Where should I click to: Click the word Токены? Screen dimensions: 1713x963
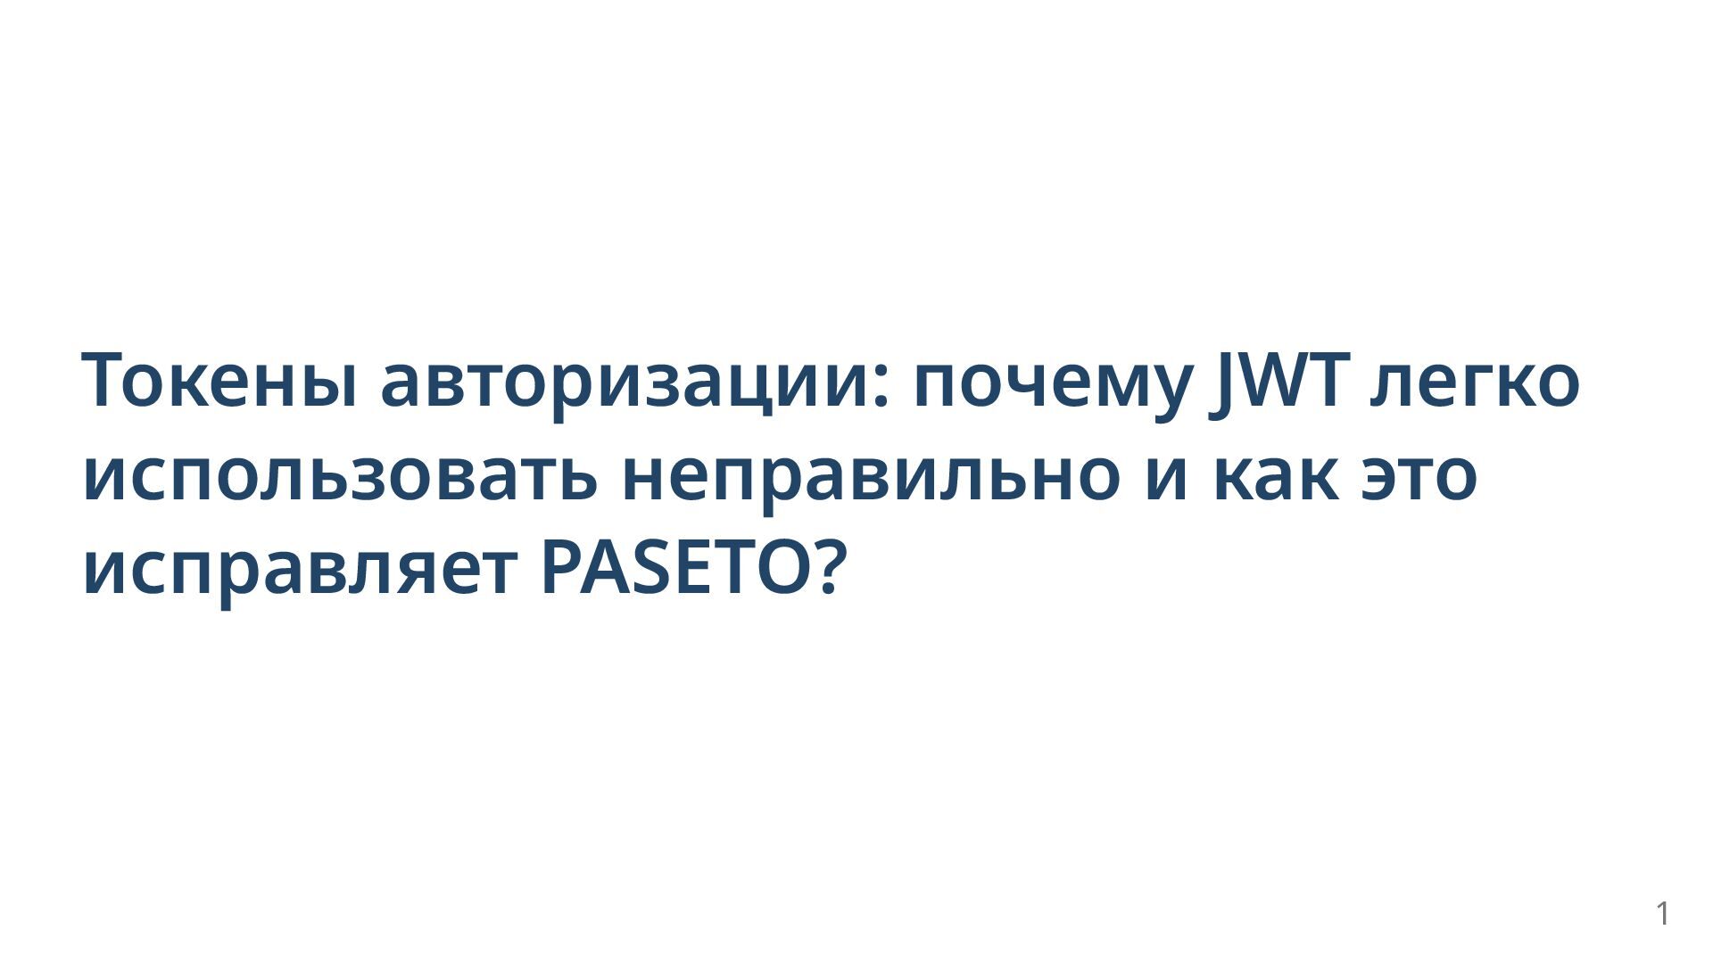click(x=220, y=380)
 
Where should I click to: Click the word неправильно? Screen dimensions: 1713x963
click(x=870, y=479)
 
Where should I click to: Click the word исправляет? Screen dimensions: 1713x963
click(x=300, y=573)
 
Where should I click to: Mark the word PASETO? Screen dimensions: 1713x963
click(x=677, y=567)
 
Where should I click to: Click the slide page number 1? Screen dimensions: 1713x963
click(x=1662, y=913)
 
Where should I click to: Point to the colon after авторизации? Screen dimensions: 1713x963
click(x=881, y=390)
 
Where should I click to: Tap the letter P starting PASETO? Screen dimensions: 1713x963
click(x=561, y=567)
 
